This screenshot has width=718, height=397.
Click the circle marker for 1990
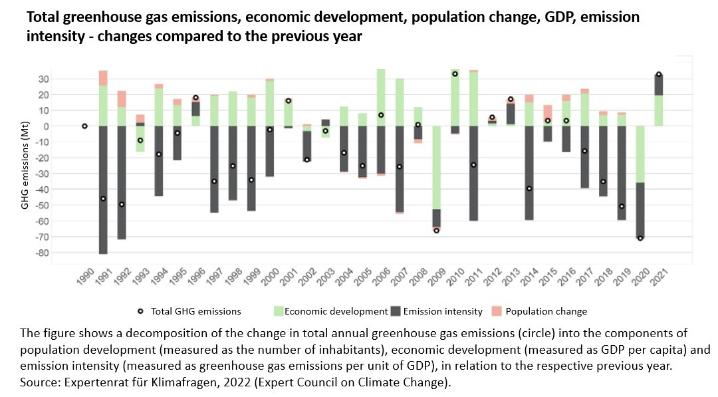tap(84, 126)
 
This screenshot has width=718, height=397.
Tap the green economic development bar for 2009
tap(436, 167)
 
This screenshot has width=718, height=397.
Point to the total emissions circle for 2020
tap(640, 238)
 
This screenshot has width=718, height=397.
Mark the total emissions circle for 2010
tap(455, 74)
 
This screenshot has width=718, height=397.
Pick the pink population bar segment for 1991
tap(103, 78)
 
